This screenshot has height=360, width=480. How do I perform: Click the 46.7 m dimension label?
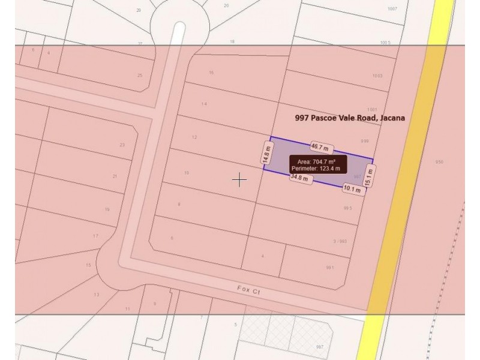pyautogui.click(x=320, y=146)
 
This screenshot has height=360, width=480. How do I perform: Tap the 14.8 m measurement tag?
pyautogui.click(x=266, y=153)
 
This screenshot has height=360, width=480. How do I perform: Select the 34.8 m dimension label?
pyautogui.click(x=299, y=178)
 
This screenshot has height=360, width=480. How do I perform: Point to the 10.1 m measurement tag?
pyautogui.click(x=352, y=189)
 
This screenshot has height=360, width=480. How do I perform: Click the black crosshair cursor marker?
pyautogui.click(x=239, y=179)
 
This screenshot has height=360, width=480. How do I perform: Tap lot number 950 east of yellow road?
pyautogui.click(x=439, y=163)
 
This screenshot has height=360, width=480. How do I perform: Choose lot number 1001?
pyautogui.click(x=373, y=103)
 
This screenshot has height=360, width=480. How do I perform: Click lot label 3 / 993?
pyautogui.click(x=340, y=241)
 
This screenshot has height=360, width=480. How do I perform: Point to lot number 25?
pyautogui.click(x=140, y=76)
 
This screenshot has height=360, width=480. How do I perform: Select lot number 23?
pyautogui.click(x=122, y=145)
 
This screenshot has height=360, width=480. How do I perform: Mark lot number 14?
pyautogui.click(x=204, y=104)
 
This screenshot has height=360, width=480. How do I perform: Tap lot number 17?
pyautogui.click(x=95, y=236)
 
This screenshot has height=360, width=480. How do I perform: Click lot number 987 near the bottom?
pyautogui.click(x=320, y=347)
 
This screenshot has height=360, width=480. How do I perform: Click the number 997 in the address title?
pyautogui.click(x=302, y=118)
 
